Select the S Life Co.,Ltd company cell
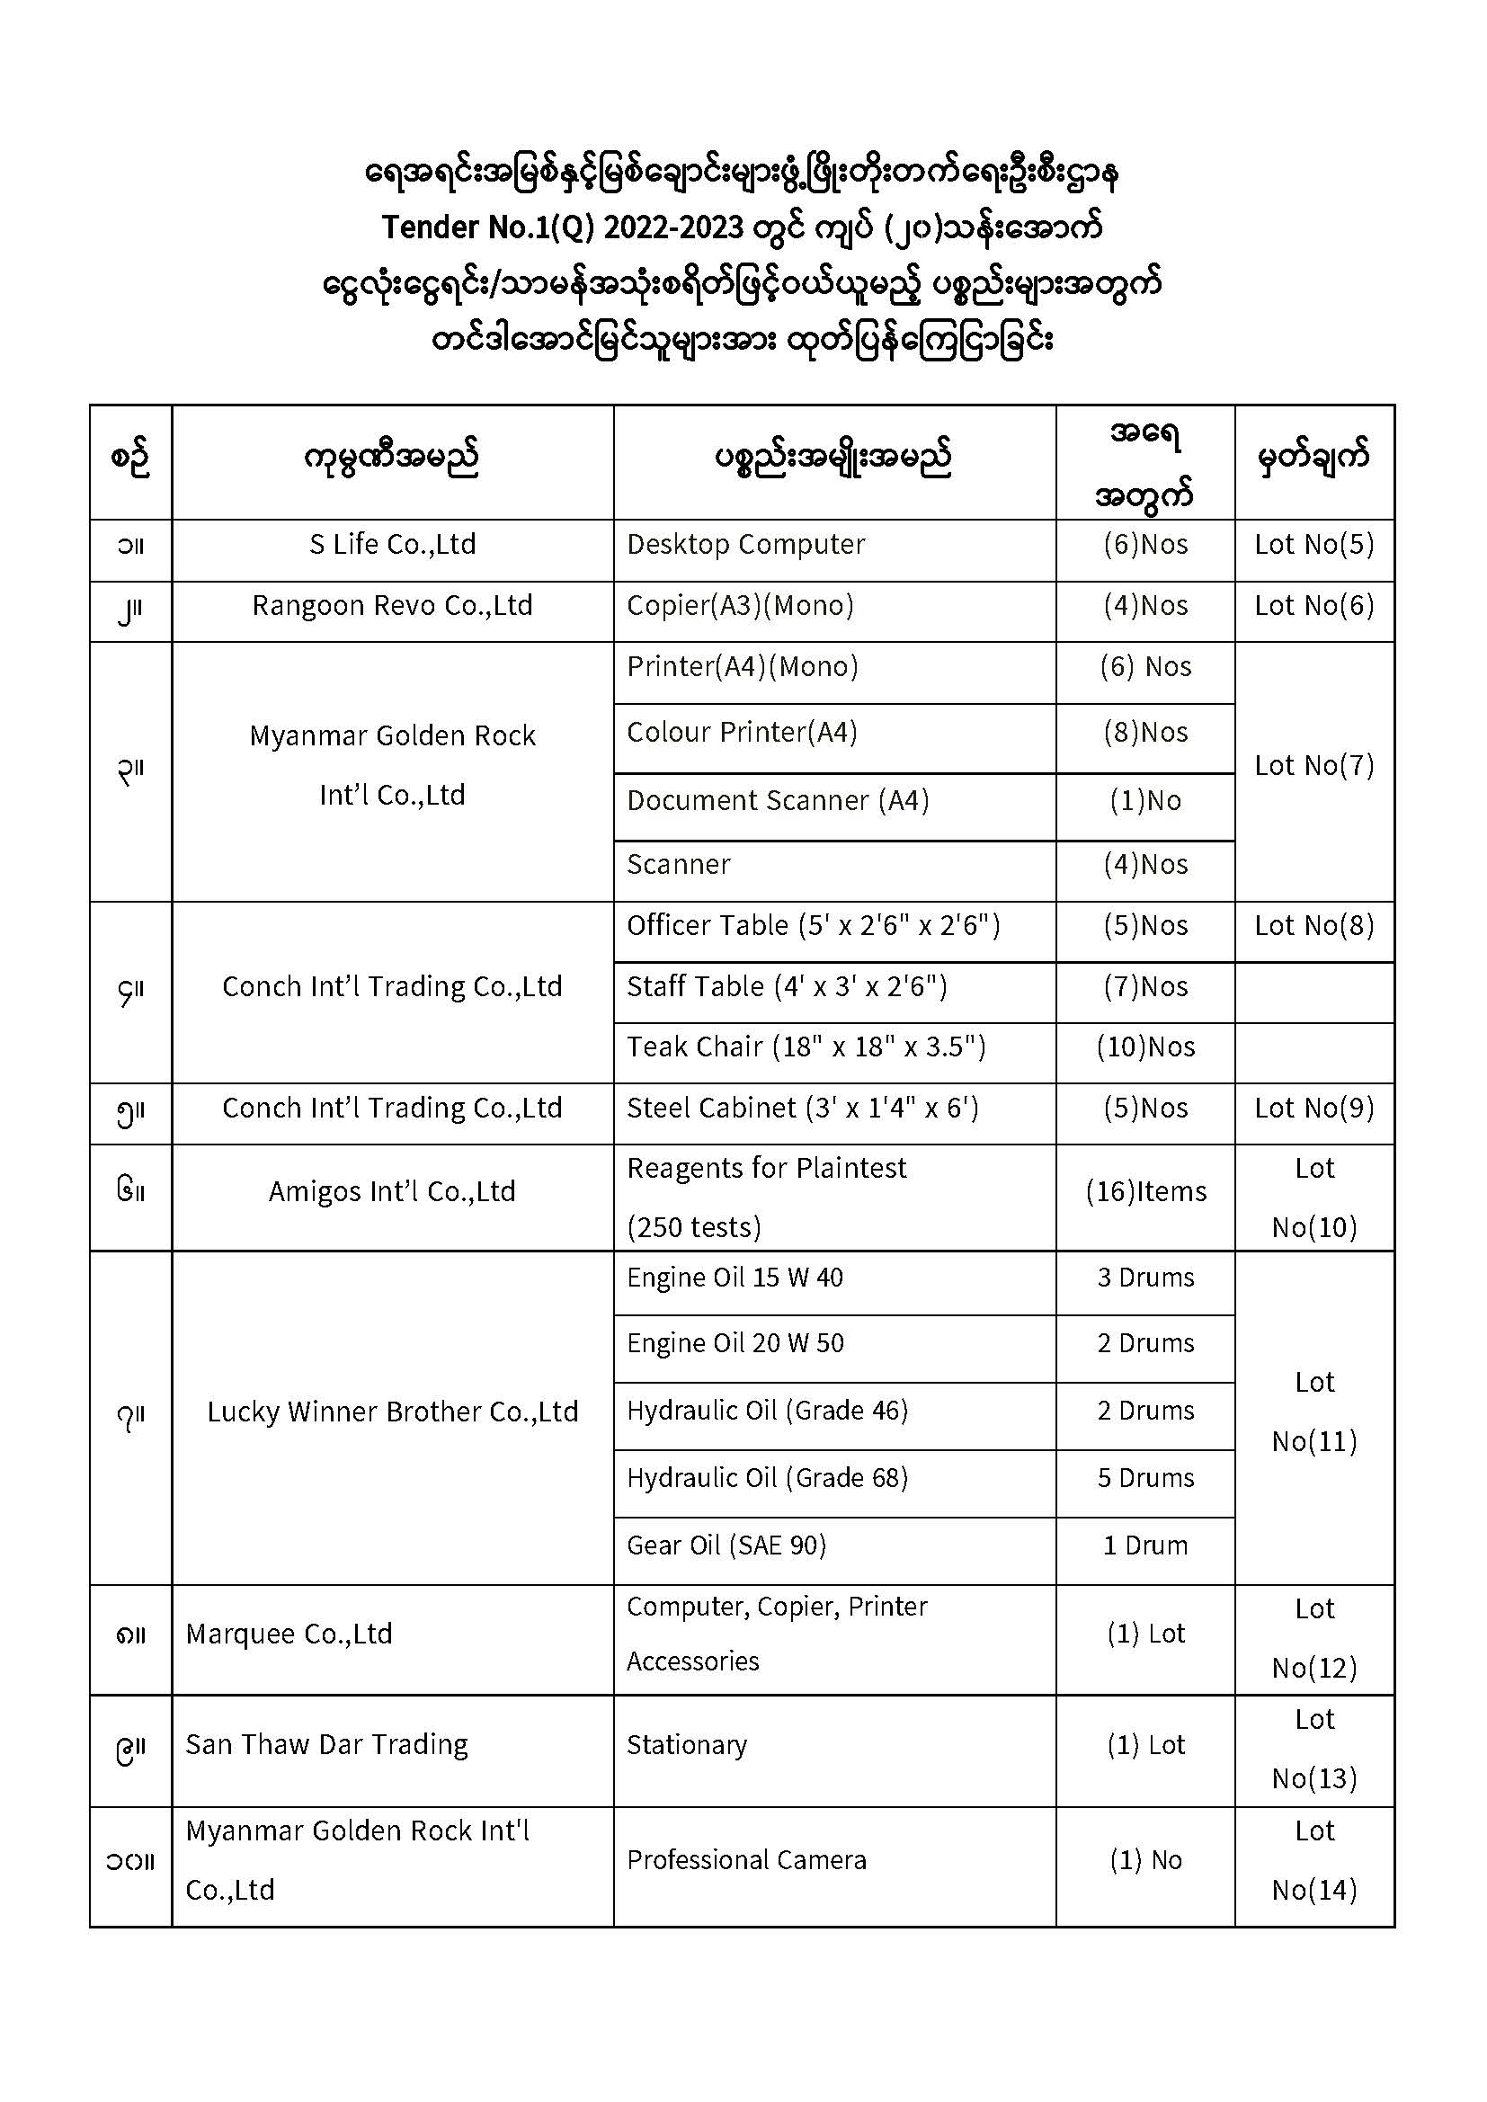point(392,545)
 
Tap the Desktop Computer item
point(745,545)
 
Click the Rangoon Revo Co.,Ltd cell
point(392,606)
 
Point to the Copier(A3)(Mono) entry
point(740,606)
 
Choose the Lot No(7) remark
point(1314,765)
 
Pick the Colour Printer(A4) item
point(742,733)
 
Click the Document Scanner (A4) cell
point(778,801)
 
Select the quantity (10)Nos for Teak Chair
point(1145,1047)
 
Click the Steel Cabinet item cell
point(802,1109)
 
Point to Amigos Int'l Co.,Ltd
point(392,1192)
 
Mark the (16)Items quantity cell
point(1145,1192)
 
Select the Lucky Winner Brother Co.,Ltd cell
point(392,1412)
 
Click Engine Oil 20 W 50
point(735,1344)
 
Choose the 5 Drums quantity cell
point(1145,1479)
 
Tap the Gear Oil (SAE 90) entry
point(726,1546)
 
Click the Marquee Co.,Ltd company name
point(289,1634)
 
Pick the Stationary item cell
point(687,1745)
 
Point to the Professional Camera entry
point(746,1860)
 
